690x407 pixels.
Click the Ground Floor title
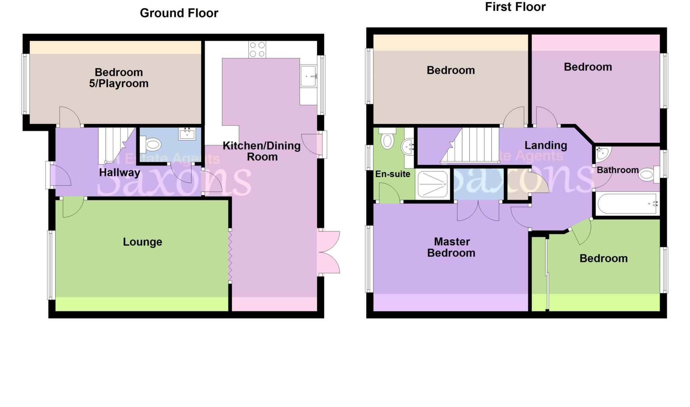[179, 13]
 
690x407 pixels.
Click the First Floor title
[515, 7]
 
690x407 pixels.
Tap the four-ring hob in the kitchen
[257, 50]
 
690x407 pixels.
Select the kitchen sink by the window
[309, 76]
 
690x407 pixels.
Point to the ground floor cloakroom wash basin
[187, 134]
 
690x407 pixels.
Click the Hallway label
[119, 173]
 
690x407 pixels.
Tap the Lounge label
[143, 242]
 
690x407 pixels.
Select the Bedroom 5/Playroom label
[119, 78]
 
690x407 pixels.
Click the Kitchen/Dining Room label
[262, 151]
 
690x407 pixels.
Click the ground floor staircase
[113, 145]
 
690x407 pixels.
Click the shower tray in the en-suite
[433, 184]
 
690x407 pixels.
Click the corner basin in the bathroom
[601, 154]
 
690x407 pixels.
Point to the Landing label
[545, 145]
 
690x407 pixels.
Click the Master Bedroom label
[451, 247]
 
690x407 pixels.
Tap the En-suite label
[393, 174]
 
